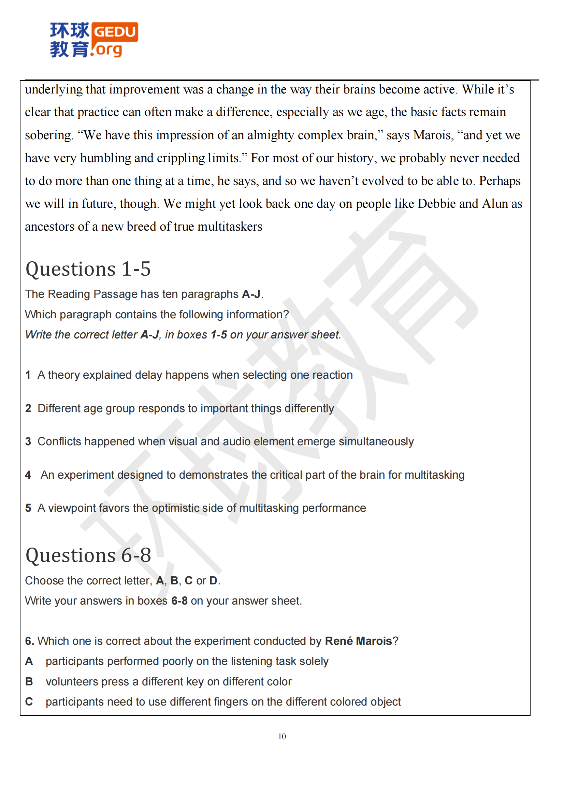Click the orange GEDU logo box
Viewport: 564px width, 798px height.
coord(115,32)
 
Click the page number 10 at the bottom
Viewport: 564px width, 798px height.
coord(282,737)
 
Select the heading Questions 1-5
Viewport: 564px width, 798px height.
coord(88,269)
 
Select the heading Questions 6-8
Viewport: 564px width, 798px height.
coord(88,555)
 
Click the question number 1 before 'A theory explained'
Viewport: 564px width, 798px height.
coord(28,375)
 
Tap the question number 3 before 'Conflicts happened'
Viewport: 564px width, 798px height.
coord(28,441)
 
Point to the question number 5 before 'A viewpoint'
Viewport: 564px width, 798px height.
coord(28,508)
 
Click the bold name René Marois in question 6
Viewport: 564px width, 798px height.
coord(358,641)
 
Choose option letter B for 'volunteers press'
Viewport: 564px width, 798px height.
coord(29,682)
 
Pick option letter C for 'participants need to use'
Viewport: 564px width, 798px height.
coord(29,702)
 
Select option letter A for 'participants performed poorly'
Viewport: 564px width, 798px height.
coord(29,661)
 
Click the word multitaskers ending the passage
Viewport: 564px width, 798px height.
coord(230,227)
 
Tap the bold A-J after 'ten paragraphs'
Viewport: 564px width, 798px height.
coord(251,294)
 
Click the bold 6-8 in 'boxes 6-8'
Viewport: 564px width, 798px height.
coord(179,601)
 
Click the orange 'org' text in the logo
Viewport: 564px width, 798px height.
coord(109,50)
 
